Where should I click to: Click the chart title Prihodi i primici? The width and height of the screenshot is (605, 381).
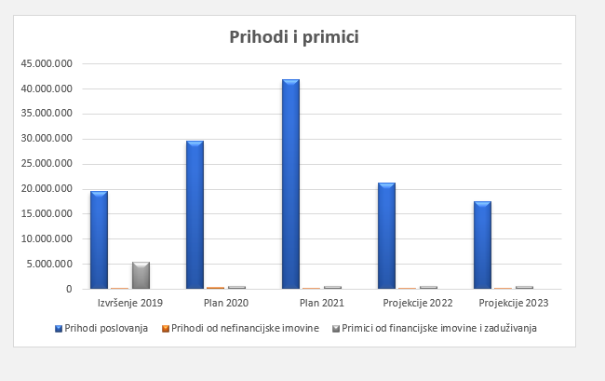tap(294, 37)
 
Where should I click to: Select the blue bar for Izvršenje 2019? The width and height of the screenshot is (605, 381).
tap(99, 239)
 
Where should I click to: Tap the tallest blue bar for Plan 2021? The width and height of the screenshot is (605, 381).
tap(290, 184)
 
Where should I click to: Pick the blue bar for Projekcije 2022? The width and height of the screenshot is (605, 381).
tap(386, 236)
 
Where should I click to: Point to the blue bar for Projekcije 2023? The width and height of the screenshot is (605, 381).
tap(482, 245)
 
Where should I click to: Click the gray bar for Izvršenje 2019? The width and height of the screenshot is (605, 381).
tap(141, 276)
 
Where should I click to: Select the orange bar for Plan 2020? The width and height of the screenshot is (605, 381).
tap(215, 288)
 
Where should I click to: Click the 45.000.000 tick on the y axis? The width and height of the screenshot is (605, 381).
tap(46, 64)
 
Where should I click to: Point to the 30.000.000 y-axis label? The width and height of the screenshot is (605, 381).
tap(46, 139)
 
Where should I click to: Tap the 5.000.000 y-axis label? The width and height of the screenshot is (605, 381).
tap(48, 264)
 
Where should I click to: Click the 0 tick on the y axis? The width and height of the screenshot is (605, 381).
tap(69, 289)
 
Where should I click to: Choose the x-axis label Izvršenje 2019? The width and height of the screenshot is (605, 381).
tap(128, 304)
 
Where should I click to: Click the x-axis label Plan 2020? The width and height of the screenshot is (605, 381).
tap(224, 304)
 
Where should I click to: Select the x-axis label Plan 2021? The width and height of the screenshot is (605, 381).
tap(320, 304)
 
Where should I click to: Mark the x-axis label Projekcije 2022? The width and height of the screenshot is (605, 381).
tap(416, 304)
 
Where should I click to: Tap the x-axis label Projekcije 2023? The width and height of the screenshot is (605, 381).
tap(512, 304)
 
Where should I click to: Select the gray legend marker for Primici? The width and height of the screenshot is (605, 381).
tap(336, 328)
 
